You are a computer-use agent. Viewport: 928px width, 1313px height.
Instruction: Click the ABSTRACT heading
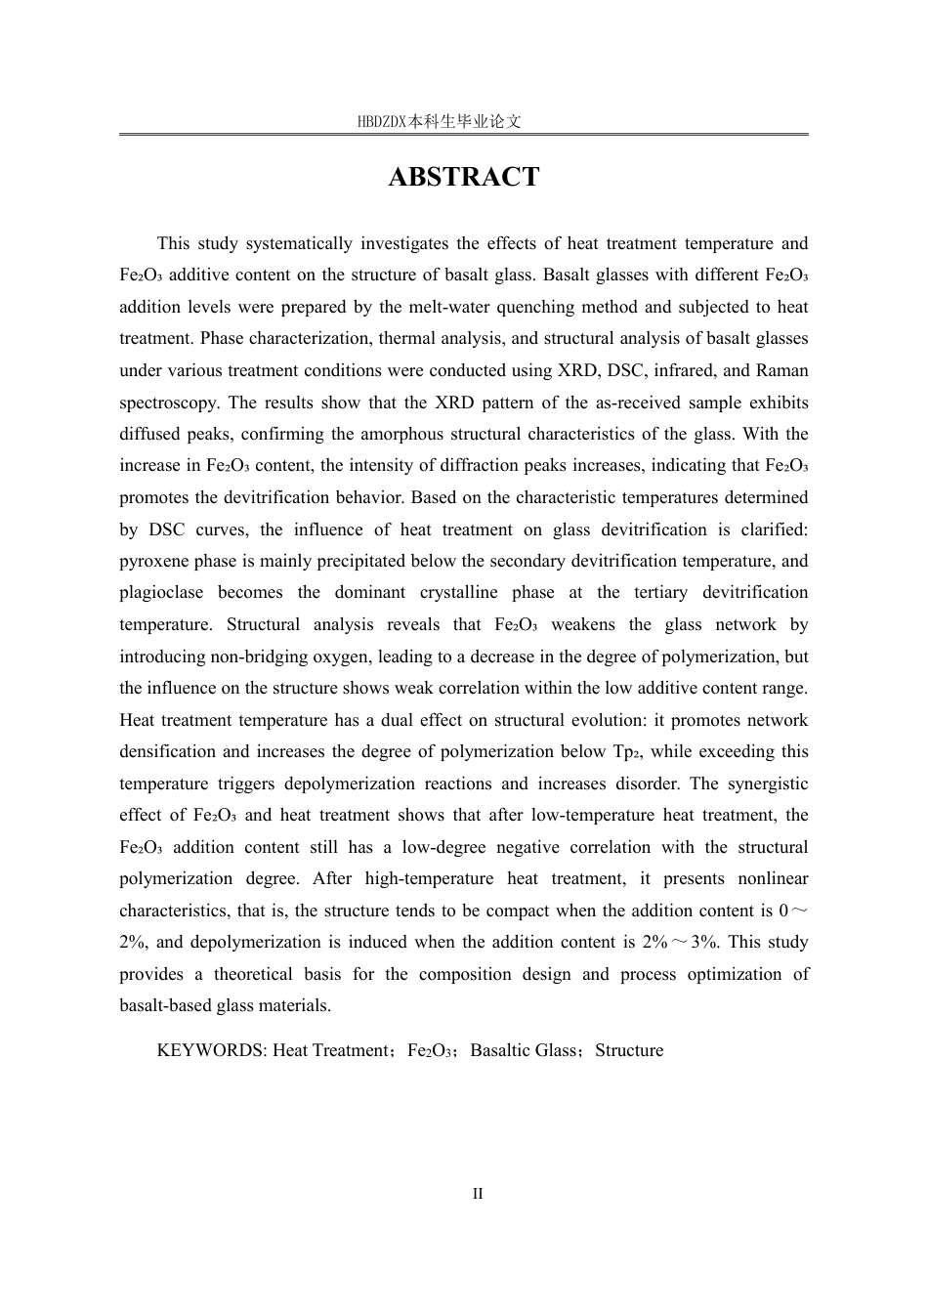pos(464,177)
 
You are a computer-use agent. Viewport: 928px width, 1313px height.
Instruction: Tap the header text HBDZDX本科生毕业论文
pos(439,122)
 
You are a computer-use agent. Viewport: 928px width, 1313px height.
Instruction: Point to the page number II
pos(478,1194)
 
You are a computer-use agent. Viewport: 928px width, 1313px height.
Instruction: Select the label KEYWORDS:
pos(212,1051)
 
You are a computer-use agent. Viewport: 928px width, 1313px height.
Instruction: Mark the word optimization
pos(725,975)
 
